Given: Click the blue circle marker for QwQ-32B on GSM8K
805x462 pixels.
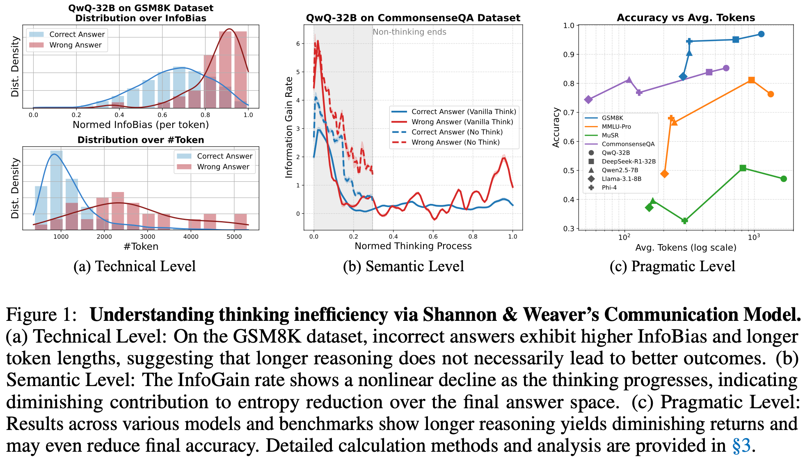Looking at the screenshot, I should (761, 34).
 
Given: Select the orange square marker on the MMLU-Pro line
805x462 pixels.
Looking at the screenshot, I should (751, 80).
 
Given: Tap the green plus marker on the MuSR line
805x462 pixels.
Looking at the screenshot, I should (684, 221).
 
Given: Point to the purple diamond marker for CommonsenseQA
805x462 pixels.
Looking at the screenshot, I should (589, 100).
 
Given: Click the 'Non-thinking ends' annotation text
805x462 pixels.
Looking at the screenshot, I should (409, 32).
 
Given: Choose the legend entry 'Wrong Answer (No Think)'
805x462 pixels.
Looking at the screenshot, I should (455, 142).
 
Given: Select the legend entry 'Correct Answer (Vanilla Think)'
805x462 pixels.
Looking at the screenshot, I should (464, 112).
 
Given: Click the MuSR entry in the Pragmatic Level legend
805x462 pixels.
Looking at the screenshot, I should (610, 135).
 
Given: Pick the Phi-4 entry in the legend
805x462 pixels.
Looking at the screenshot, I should (609, 188).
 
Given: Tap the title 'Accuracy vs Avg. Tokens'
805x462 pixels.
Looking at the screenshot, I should (686, 18).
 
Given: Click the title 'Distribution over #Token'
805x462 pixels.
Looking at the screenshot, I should (141, 140).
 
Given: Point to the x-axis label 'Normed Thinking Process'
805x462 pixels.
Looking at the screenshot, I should (413, 246).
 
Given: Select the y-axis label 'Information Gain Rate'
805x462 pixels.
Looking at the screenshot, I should (289, 127).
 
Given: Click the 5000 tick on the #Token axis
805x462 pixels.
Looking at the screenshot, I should (234, 237).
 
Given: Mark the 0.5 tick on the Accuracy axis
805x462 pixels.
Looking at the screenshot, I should (569, 171).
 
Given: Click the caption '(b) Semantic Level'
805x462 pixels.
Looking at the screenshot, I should (403, 266).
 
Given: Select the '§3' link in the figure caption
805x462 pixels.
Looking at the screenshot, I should (741, 446).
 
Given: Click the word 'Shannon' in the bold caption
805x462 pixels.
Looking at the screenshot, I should (460, 315).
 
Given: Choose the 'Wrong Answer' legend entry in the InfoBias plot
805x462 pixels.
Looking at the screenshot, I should (75, 45).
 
